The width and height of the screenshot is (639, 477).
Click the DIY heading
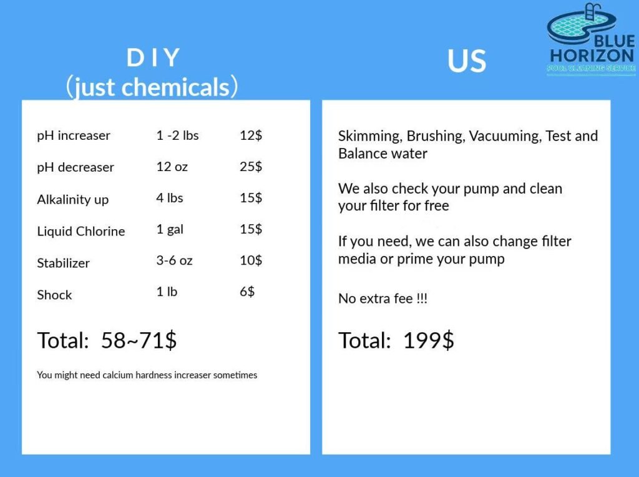(x=153, y=57)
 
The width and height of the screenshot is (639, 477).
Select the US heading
(x=467, y=61)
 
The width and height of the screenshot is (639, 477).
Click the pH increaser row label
(x=74, y=135)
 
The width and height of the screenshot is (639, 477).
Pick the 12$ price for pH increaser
(x=251, y=135)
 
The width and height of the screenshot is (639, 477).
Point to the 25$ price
(x=251, y=167)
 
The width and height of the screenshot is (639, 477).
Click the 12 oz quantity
(x=172, y=167)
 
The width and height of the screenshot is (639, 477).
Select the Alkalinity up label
(x=72, y=199)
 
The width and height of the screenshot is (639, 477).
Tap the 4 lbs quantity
(x=170, y=198)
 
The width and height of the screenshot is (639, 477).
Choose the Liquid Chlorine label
(x=81, y=231)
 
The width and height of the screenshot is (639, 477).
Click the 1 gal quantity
(x=170, y=230)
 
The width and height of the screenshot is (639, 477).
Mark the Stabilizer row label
(x=63, y=263)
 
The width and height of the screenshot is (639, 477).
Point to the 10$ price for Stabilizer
(x=251, y=260)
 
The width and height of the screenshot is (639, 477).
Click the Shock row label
(x=54, y=295)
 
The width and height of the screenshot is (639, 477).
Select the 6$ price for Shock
(x=247, y=292)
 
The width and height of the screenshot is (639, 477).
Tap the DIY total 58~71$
(x=139, y=340)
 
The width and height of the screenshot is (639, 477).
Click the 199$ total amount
(x=428, y=340)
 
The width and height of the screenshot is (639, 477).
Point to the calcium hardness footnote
(x=147, y=375)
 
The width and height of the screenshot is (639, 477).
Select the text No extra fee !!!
(x=383, y=299)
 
